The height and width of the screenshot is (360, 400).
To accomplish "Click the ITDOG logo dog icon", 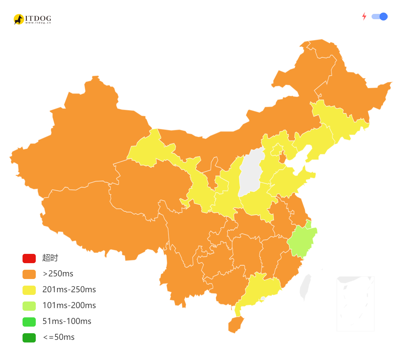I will (x=19, y=19).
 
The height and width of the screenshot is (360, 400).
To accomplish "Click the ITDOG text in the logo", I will (x=38, y=18).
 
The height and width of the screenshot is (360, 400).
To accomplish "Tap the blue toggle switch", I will (x=380, y=17).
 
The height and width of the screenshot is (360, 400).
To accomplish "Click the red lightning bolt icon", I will (x=364, y=17).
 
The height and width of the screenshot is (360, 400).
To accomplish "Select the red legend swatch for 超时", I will (x=29, y=258).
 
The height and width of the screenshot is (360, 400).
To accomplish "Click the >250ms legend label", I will (x=58, y=274).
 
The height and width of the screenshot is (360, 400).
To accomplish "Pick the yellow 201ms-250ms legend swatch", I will (x=29, y=290).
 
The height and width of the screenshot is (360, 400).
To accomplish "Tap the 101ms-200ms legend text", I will (x=69, y=305).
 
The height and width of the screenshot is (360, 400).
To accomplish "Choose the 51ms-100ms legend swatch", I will (x=29, y=321).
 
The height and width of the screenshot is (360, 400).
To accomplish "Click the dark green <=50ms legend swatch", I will (x=29, y=338).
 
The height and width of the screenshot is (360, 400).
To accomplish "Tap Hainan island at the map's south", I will (x=236, y=324).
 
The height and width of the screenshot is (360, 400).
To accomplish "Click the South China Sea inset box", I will (x=355, y=304).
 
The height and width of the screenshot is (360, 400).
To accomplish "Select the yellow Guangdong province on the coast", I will (x=261, y=288).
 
